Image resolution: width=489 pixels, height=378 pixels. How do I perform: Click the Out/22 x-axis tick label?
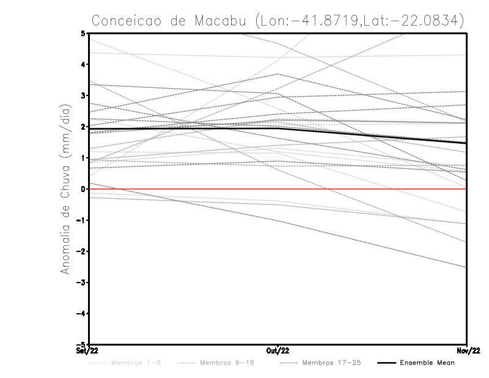pyautogui.click(x=278, y=350)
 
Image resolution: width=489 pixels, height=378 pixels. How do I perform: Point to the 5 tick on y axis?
pyautogui.click(x=83, y=33)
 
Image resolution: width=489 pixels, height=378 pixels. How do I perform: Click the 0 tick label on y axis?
pyautogui.click(x=83, y=189)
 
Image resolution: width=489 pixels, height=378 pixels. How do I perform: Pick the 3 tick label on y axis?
pyautogui.click(x=83, y=95)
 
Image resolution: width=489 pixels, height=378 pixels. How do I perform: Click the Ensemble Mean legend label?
pyautogui.click(x=427, y=363)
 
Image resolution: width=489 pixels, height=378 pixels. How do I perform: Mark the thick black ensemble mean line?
pyautogui.click(x=367, y=135)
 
